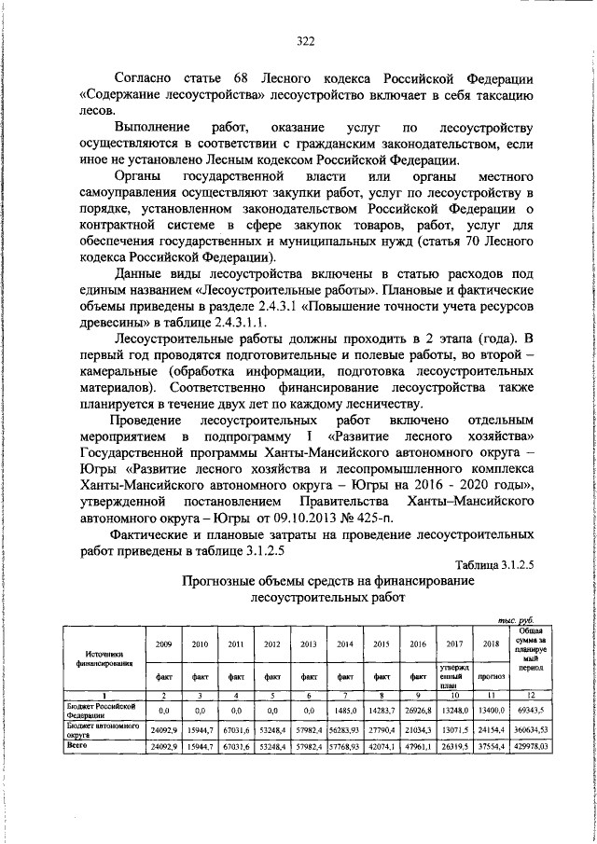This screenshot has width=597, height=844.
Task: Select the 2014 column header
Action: pyautogui.click(x=344, y=643)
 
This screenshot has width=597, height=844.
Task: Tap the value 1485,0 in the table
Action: pyautogui.click(x=344, y=711)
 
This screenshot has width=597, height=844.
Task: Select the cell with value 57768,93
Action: pyautogui.click(x=344, y=747)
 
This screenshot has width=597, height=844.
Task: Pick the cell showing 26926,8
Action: pyautogui.click(x=417, y=711)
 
